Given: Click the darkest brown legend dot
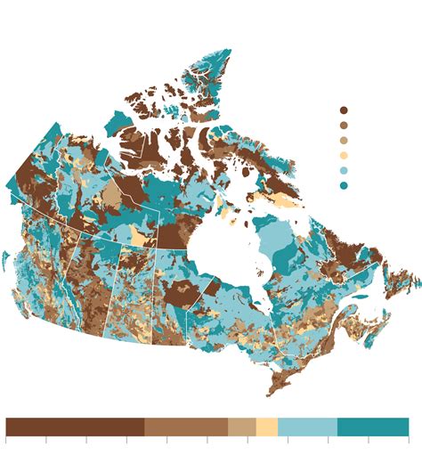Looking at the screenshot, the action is [344, 110].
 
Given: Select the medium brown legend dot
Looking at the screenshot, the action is [344, 126].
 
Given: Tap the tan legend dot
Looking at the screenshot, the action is [344, 141].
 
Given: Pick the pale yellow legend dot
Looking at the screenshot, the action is [344, 156].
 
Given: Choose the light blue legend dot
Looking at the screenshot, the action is [344, 171].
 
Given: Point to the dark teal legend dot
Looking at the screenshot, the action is [344, 185].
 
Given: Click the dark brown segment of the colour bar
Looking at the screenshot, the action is [75, 427].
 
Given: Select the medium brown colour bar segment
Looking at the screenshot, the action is [186, 427].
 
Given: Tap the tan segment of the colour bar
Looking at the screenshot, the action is [242, 427].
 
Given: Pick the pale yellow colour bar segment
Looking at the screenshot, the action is [267, 427].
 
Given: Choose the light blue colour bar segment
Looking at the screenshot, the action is [307, 427].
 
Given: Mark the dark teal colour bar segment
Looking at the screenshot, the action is [372, 427].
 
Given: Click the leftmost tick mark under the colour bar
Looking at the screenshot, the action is [6, 440].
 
